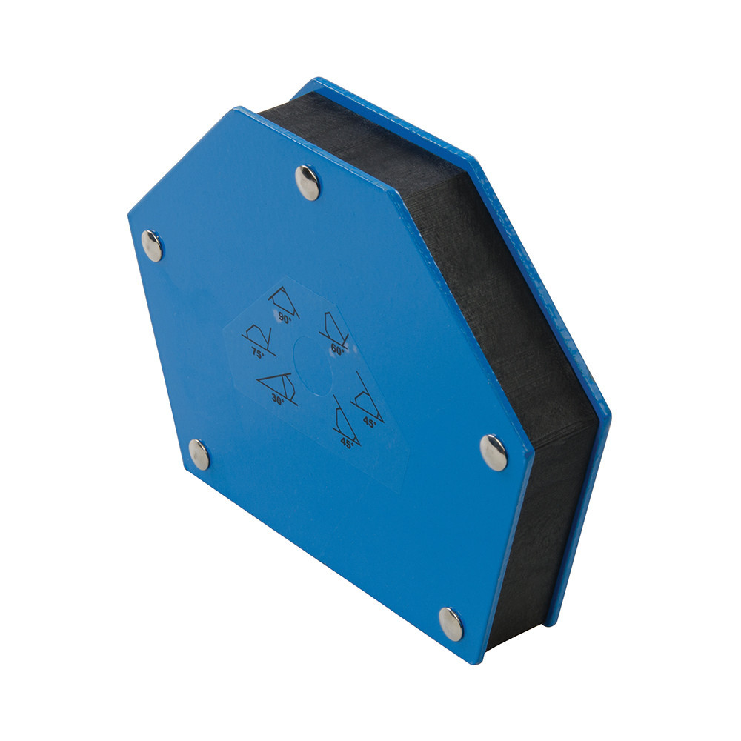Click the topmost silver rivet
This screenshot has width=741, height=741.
[x=308, y=182]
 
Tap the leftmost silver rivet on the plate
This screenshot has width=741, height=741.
[x=152, y=246]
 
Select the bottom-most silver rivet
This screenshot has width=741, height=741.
[x=451, y=624]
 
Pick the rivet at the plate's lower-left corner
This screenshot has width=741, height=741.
[x=199, y=455]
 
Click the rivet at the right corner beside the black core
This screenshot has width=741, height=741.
[x=494, y=453]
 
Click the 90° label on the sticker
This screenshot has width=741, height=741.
[x=285, y=319]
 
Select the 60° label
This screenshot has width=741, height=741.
[x=337, y=350]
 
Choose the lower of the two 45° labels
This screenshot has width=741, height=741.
[x=348, y=443]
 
